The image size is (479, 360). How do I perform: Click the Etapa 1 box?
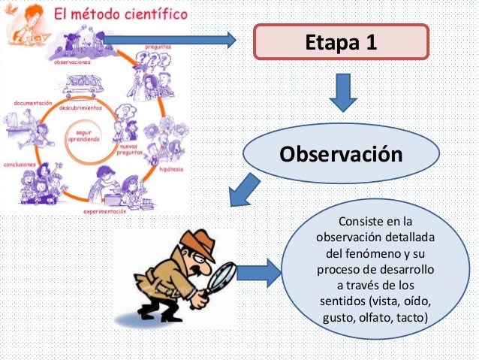pyautogui.click(x=341, y=41)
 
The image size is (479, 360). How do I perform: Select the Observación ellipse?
pyautogui.click(x=341, y=154)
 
